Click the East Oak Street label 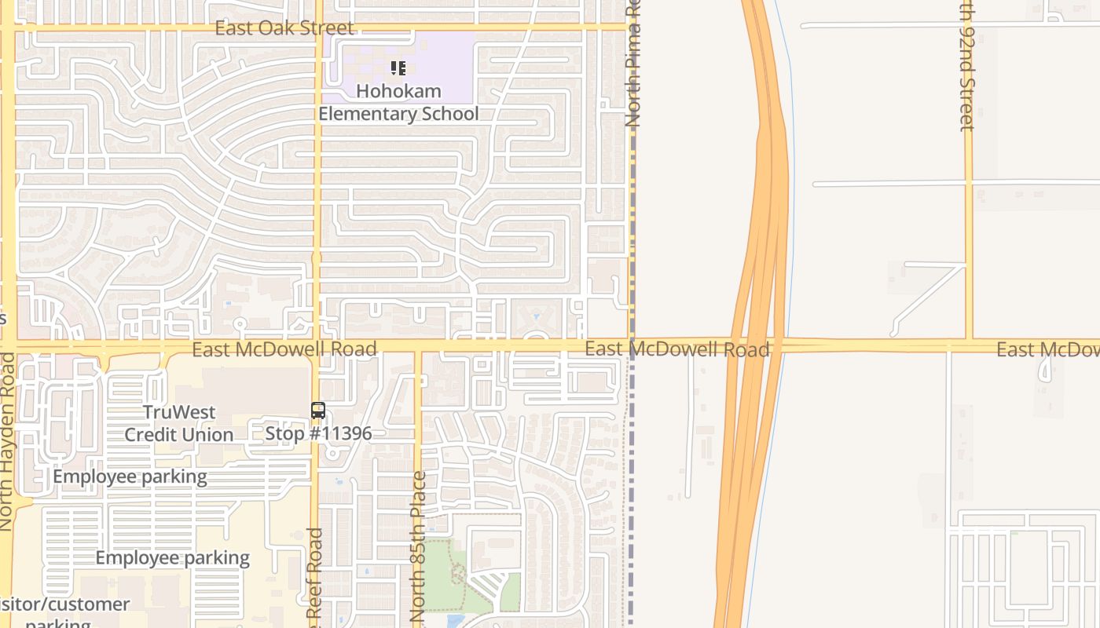(x=284, y=28)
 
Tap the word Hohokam (x=398, y=91)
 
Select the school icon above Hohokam (x=398, y=68)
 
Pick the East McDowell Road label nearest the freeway (x=676, y=349)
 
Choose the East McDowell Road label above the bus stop (x=284, y=349)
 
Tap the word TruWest (x=179, y=413)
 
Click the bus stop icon (x=317, y=410)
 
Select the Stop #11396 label (x=318, y=433)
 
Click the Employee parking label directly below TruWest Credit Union (x=130, y=476)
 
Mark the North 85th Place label (x=418, y=546)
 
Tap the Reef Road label (x=315, y=577)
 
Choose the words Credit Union (x=179, y=435)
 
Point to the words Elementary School (x=398, y=114)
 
